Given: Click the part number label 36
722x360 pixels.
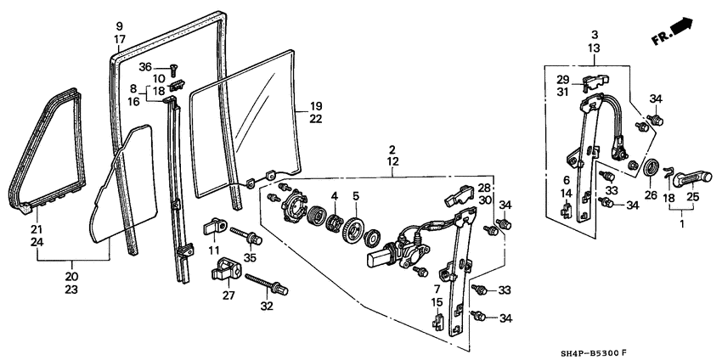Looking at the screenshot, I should click(145, 67).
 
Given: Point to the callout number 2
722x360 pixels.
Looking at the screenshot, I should click(392, 149).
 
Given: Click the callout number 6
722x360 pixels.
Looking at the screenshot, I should click(564, 180).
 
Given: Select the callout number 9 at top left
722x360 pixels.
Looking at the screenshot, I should click(120, 25).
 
